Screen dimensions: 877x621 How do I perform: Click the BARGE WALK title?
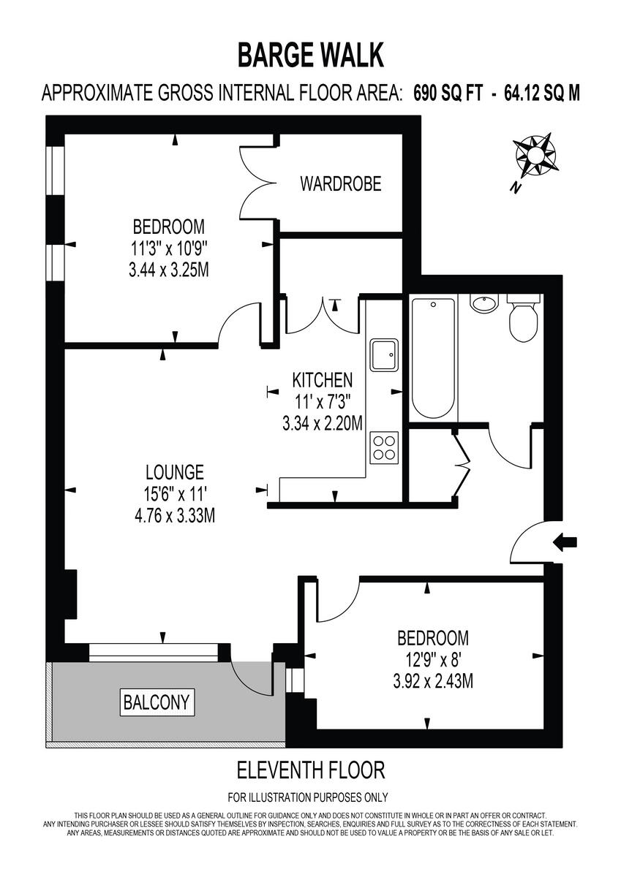pyautogui.click(x=311, y=55)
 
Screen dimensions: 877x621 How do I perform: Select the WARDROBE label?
pyautogui.click(x=340, y=183)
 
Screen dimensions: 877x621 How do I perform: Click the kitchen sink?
pyautogui.click(x=384, y=355)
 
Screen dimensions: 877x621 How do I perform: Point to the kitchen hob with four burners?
pyautogui.click(x=383, y=447)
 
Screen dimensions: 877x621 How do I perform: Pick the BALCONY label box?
pyautogui.click(x=157, y=703)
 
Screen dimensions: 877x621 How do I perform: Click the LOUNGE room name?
pyautogui.click(x=174, y=471)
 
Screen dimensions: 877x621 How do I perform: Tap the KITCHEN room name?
pyautogui.click(x=323, y=380)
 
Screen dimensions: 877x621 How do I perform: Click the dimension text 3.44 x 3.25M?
pyautogui.click(x=168, y=270)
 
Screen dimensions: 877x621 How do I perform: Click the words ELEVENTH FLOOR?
pyautogui.click(x=311, y=770)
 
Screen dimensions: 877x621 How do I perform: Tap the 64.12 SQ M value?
pyautogui.click(x=542, y=93)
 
